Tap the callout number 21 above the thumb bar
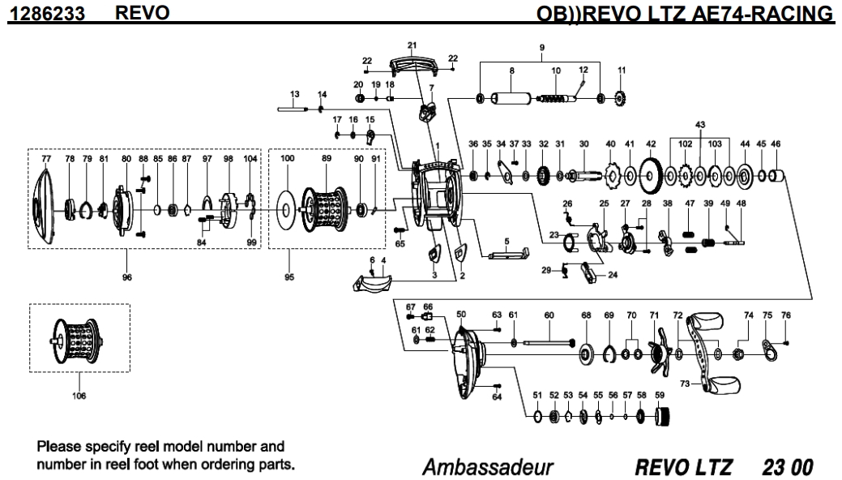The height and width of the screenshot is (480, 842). [412, 45]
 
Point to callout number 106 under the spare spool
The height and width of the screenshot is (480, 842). [79, 396]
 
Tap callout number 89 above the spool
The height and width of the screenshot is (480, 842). [327, 160]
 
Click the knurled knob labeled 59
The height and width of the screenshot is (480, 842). [664, 418]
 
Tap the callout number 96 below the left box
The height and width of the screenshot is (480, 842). [126, 277]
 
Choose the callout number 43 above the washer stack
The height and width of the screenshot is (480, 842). [700, 125]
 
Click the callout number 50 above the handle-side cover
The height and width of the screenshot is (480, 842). [461, 313]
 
